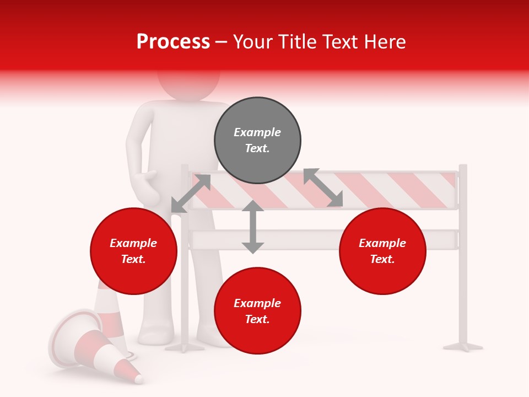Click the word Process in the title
point(173,42)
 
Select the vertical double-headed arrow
point(253,227)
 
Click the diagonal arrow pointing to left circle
point(191,193)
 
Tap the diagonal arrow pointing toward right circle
point(323,188)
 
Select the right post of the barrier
point(463,254)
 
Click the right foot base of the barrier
point(463,346)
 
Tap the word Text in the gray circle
point(257,148)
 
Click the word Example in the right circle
point(382,243)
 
